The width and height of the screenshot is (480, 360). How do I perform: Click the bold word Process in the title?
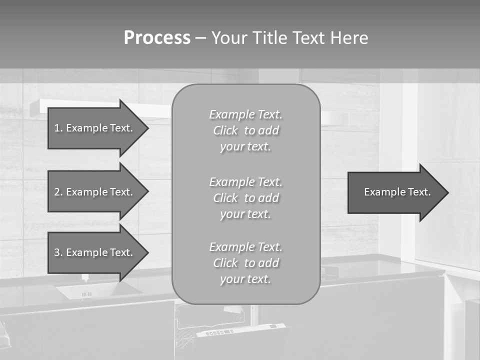click(157, 38)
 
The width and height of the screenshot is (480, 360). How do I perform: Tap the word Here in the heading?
click(349, 38)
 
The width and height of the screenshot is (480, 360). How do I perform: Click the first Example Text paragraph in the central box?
click(246, 130)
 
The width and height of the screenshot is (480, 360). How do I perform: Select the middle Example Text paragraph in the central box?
click(246, 198)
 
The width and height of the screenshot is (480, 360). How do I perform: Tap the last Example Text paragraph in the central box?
click(246, 263)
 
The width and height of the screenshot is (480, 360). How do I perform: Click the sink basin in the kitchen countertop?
click(98, 290)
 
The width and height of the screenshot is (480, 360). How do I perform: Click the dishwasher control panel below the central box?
click(240, 331)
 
